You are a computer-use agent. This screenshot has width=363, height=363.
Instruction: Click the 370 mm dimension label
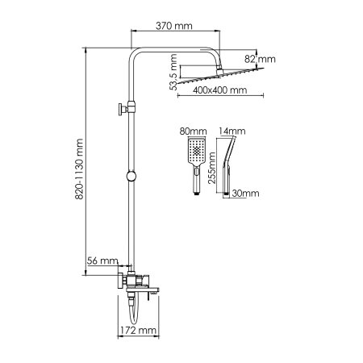[x=175, y=25]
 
